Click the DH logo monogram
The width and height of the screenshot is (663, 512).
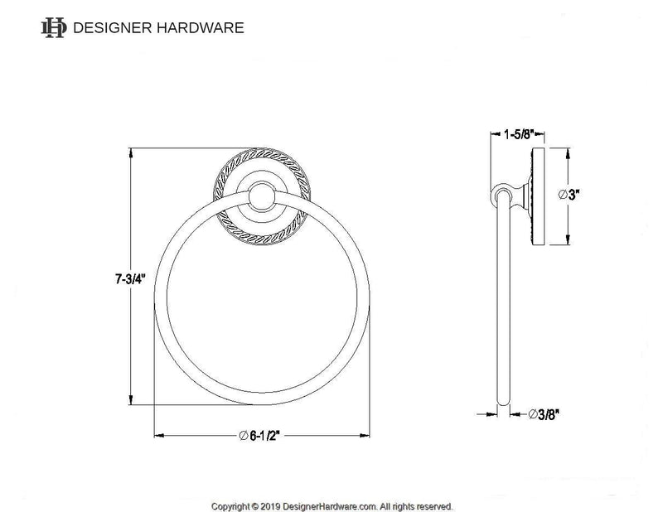tap(54, 27)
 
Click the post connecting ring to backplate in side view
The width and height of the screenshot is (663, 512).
tap(519, 196)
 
